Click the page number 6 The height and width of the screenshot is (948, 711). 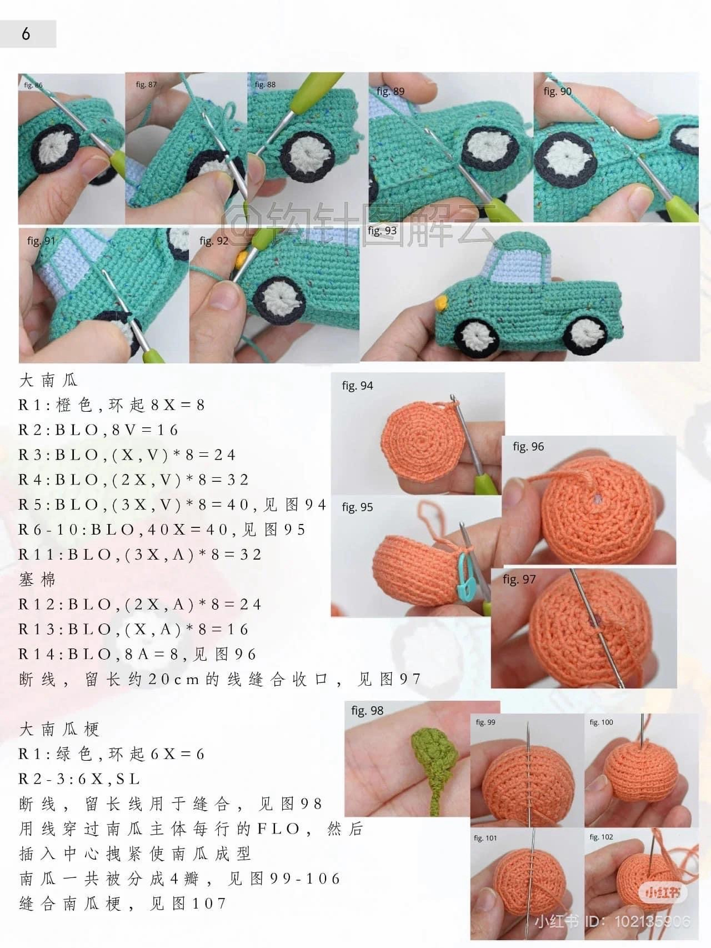click(x=26, y=34)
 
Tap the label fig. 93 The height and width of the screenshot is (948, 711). click(x=382, y=231)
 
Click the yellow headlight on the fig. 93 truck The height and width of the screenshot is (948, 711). click(x=442, y=303)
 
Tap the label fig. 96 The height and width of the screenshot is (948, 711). click(x=528, y=447)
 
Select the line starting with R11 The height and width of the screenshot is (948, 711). click(x=140, y=555)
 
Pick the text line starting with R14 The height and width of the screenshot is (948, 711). click(x=138, y=655)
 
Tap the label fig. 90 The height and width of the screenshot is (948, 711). click(x=557, y=92)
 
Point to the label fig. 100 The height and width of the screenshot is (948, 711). click(x=601, y=722)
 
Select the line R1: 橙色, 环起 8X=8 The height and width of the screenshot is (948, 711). click(x=112, y=405)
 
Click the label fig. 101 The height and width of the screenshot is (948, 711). click(x=485, y=838)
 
